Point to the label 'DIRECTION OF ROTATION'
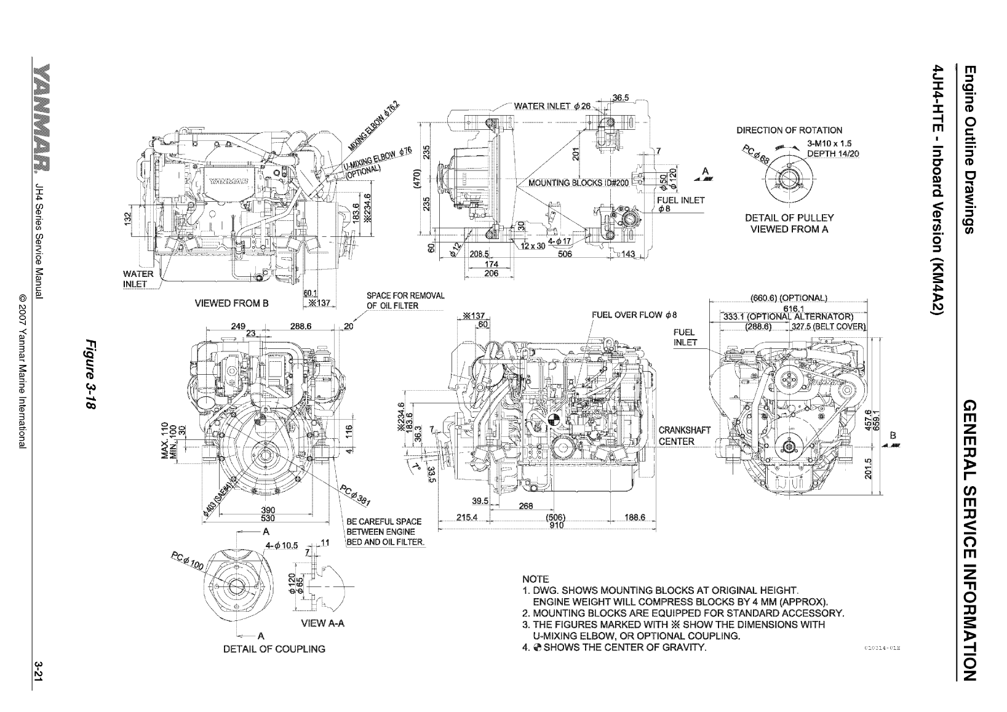pyautogui.click(x=789, y=130)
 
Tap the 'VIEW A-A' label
pyautogui.click(x=323, y=623)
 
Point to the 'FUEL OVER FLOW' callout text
pyautogui.click(x=634, y=314)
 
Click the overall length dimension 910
pyautogui.click(x=556, y=525)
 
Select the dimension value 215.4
pyautogui.click(x=467, y=517)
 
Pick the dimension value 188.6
pyautogui.click(x=634, y=517)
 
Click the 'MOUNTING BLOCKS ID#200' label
pyautogui.click(x=576, y=183)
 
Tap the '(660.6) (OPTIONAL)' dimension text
pyautogui.click(x=789, y=298)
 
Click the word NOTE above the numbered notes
pyautogui.click(x=535, y=579)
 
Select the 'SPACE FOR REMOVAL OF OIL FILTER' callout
pyautogui.click(x=405, y=300)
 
